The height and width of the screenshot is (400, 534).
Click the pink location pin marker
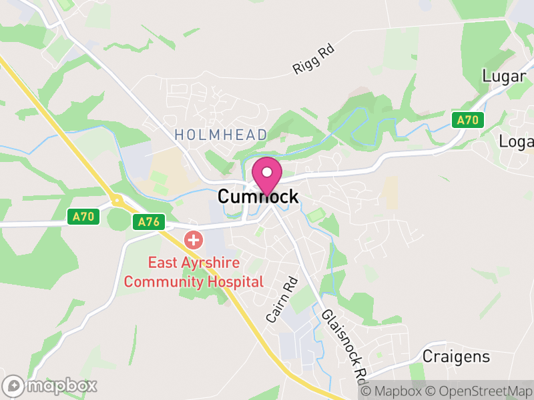267,175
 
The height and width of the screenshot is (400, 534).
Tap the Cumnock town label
258,196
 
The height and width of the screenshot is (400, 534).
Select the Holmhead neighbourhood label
221,135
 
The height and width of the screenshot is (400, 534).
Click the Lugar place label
504,77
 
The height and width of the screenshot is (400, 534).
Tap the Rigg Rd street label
313,59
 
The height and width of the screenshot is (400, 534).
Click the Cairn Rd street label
281,300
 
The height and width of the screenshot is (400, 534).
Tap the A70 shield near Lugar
468,121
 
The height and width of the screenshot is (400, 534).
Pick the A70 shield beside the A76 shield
83,217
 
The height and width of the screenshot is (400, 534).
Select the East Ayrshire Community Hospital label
194,271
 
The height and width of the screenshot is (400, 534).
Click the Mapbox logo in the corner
51,385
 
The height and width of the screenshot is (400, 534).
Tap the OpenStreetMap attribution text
479,391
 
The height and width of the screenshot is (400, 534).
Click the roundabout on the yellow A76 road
117,199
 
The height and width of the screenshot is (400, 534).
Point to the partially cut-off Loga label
517,141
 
